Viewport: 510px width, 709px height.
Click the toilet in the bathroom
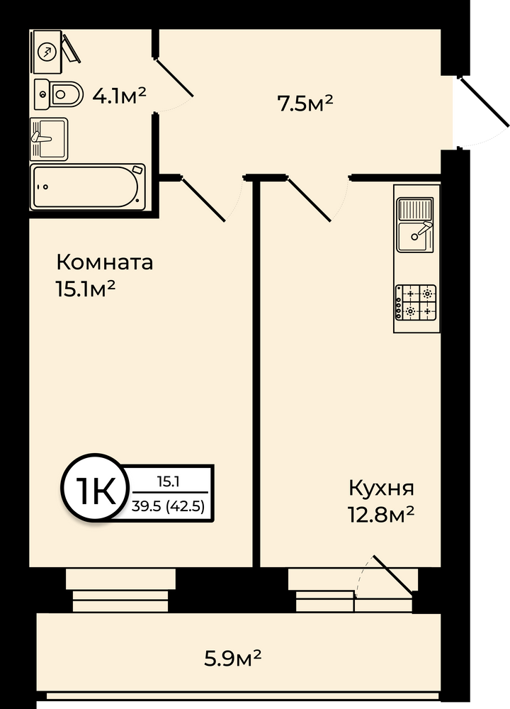59,94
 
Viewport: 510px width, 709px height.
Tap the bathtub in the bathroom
88,187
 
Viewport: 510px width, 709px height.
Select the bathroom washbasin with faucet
49,139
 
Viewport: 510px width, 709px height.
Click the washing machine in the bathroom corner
47,51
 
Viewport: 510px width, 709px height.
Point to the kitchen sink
415,225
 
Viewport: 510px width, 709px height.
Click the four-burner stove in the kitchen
416,302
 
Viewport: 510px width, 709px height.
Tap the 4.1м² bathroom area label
119,96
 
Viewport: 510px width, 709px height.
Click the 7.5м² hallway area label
305,104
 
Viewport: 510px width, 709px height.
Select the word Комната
104,262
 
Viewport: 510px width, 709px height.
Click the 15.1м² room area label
85,288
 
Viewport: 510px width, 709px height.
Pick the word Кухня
381,488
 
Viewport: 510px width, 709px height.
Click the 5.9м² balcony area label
232,658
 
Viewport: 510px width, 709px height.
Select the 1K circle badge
93,492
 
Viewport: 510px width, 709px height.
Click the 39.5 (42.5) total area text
168,506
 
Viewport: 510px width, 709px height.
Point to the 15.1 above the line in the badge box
169,482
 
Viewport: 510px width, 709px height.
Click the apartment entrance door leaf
484,101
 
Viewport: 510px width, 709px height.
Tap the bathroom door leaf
174,77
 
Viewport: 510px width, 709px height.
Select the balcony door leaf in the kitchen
393,574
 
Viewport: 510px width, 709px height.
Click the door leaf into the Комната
203,199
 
